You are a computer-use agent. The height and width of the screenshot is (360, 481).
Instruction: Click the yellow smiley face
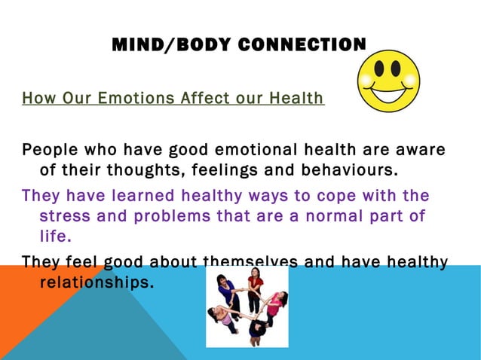(388, 81)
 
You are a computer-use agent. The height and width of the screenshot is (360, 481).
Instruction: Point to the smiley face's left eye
(379, 70)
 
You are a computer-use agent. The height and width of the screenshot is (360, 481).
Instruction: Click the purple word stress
(65, 217)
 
